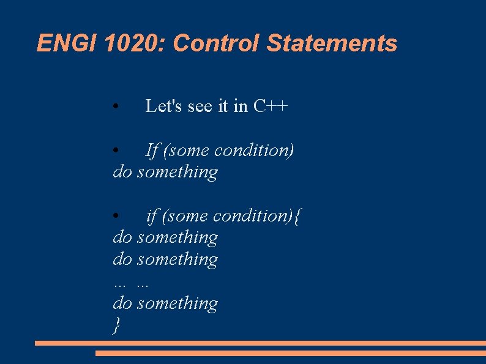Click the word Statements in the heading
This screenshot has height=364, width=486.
coord(332,43)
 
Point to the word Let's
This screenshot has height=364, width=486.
coord(163,106)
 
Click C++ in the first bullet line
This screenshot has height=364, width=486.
coord(271,106)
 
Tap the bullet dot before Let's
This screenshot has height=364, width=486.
coord(116,108)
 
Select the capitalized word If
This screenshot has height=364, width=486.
coord(152,150)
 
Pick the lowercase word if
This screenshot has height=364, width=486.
coord(152,215)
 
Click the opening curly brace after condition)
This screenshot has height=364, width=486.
coord(297,216)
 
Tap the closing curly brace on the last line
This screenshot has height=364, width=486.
coord(116,326)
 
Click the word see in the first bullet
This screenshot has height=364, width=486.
coord(200,106)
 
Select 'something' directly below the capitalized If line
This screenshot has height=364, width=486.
coord(178,172)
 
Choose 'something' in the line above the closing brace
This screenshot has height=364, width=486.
coord(178,303)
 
